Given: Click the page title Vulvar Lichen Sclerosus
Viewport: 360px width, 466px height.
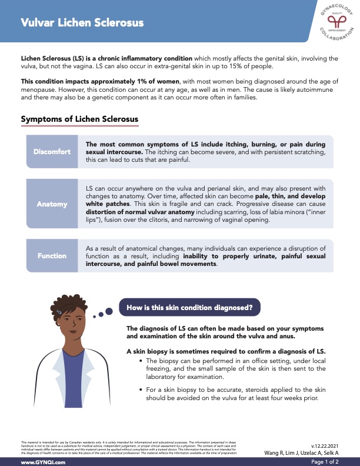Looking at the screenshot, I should (x=82, y=23).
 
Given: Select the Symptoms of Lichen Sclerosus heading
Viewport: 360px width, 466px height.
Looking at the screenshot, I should (x=79, y=119).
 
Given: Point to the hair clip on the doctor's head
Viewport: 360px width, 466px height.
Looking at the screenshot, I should (x=59, y=311).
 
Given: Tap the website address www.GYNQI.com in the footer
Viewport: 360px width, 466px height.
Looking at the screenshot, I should (x=43, y=462).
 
